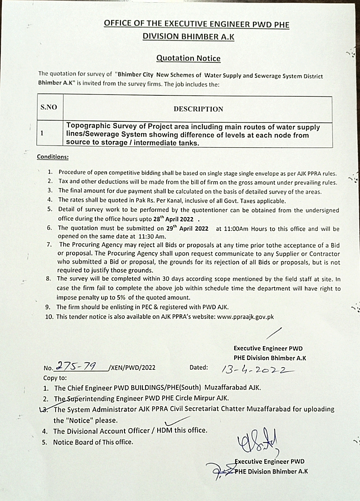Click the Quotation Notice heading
pos(188,58)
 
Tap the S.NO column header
pos(48,108)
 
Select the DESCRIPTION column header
pos(198,109)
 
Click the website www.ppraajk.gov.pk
pos(245,317)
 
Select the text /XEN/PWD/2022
pos(132,368)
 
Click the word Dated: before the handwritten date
pos(199,367)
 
